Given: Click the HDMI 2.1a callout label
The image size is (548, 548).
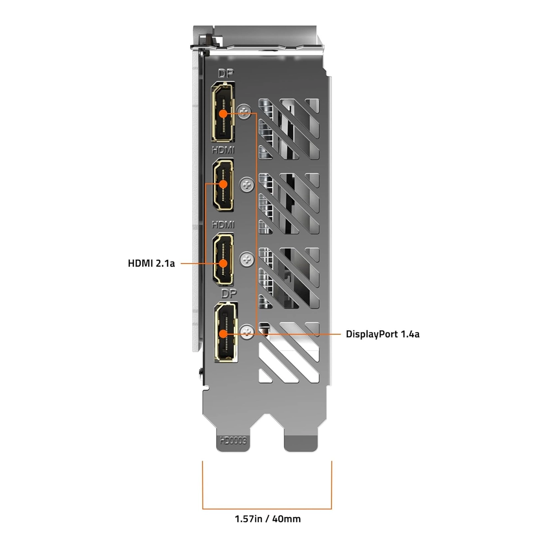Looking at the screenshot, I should pos(151,263).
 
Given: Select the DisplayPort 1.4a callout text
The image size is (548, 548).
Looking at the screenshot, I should pos(382,334).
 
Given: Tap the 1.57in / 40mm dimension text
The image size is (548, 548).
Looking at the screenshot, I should pos(268,519).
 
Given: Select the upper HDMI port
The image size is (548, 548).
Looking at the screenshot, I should pos(223,184).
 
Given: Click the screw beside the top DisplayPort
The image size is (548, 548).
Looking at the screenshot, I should pos(245,112).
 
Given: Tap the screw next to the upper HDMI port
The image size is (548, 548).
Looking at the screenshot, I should pos(247,185).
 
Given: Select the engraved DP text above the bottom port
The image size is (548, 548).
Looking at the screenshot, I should pos(229,294).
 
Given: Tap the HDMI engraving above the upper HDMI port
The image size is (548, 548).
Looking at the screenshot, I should pos(223,150).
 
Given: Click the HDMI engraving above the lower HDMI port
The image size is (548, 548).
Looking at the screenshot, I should pos(223,225).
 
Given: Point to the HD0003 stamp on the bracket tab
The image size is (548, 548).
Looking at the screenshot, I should pos(233,441).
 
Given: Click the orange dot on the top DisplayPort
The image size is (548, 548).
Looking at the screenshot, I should pos(223,114).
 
